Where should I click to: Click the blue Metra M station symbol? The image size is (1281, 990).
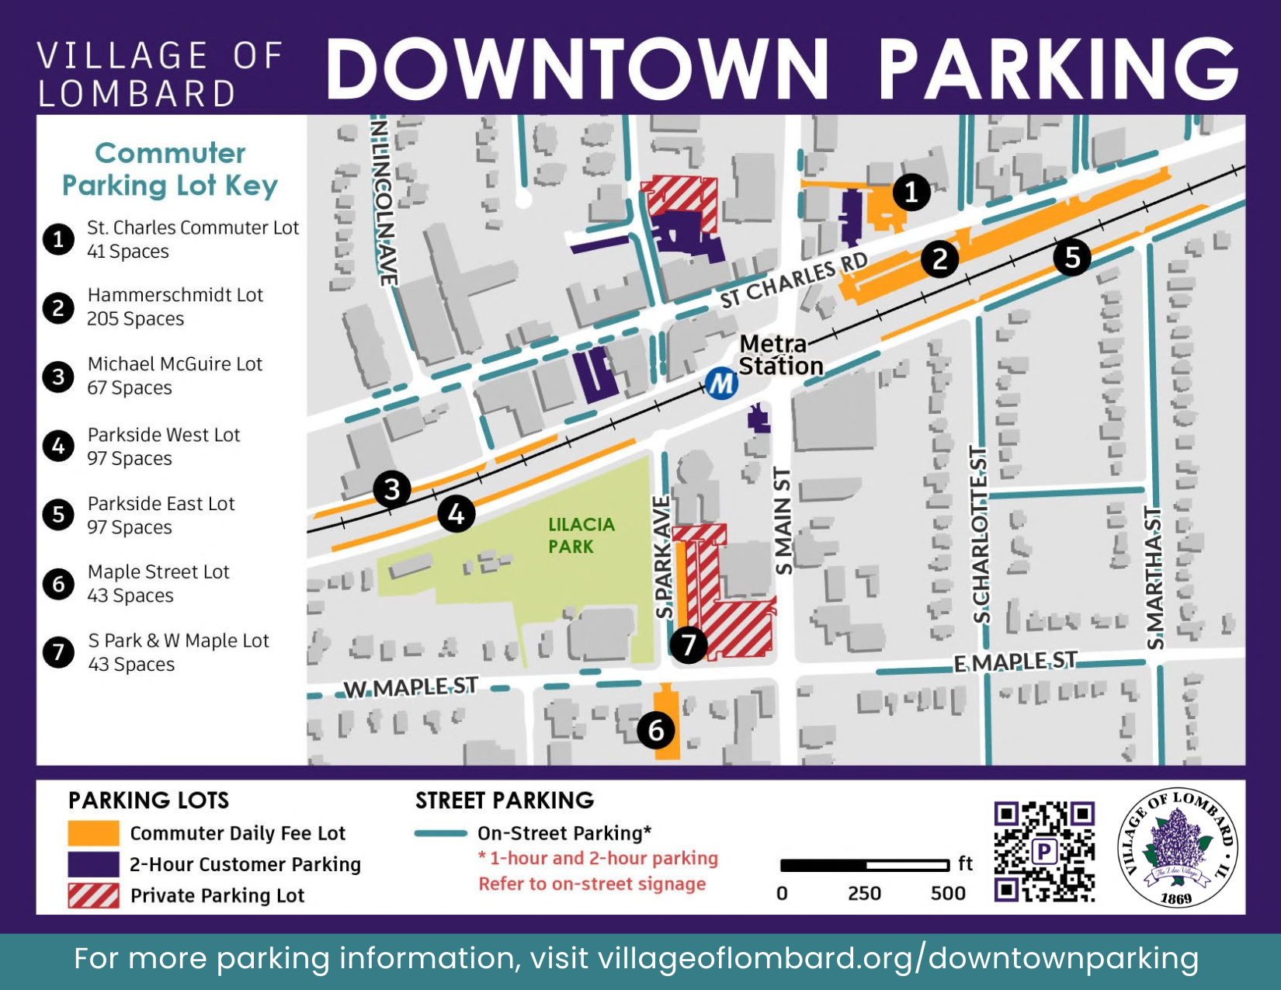click(x=720, y=384)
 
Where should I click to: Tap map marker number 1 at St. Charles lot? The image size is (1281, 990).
click(x=911, y=191)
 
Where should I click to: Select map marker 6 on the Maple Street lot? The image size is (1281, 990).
click(x=656, y=730)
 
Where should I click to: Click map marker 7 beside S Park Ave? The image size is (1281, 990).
click(x=688, y=644)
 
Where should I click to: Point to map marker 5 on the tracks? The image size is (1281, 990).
click(x=1072, y=256)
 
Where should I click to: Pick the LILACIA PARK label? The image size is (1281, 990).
click(x=581, y=536)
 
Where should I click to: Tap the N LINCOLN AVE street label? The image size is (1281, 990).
click(x=384, y=202)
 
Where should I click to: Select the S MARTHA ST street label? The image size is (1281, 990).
click(x=1154, y=578)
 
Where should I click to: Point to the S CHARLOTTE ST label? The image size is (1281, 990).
click(x=981, y=536)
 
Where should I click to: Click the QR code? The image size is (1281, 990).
click(x=1044, y=852)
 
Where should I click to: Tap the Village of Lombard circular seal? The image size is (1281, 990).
click(x=1177, y=848)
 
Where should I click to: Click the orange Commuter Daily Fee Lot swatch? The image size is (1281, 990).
click(x=93, y=833)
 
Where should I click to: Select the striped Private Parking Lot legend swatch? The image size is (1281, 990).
click(x=93, y=895)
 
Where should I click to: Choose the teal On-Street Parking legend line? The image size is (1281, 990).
click(x=441, y=833)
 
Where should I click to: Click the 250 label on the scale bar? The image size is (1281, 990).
click(x=864, y=894)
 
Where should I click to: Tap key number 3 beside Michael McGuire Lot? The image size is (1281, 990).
click(x=58, y=377)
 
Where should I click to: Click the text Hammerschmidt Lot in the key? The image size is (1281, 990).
click(x=175, y=295)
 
